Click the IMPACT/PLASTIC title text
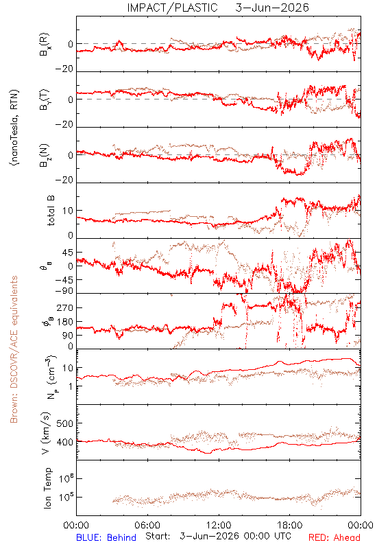(172, 8)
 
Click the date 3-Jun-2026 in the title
(272, 8)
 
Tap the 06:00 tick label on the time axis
(147, 525)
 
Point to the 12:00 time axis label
(219, 525)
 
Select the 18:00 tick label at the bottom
(290, 525)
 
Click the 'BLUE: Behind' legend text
(106, 537)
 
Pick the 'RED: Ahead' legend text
(334, 537)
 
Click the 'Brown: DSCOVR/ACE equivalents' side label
(14, 349)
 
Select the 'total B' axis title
(51, 211)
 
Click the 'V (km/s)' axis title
(46, 433)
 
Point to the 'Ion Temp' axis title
(47, 488)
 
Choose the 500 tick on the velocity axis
(64, 423)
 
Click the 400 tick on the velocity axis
(64, 442)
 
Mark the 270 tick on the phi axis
(64, 307)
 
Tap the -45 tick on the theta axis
(63, 280)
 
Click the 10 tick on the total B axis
(68, 211)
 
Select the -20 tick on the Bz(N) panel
(64, 180)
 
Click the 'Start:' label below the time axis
(158, 537)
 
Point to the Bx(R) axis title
(45, 45)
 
